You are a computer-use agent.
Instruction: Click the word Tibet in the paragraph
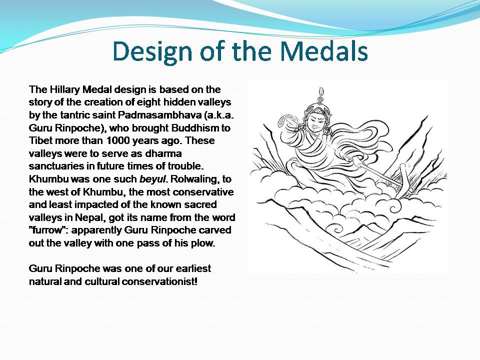pyautogui.click(x=40, y=141)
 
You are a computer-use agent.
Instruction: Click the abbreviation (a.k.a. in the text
pyautogui.click(x=217, y=115)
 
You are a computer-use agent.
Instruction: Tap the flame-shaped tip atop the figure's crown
pyautogui.click(x=318, y=92)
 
